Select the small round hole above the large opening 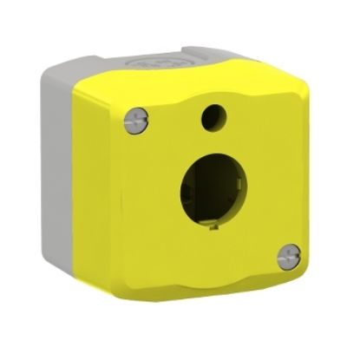tap(212, 115)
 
